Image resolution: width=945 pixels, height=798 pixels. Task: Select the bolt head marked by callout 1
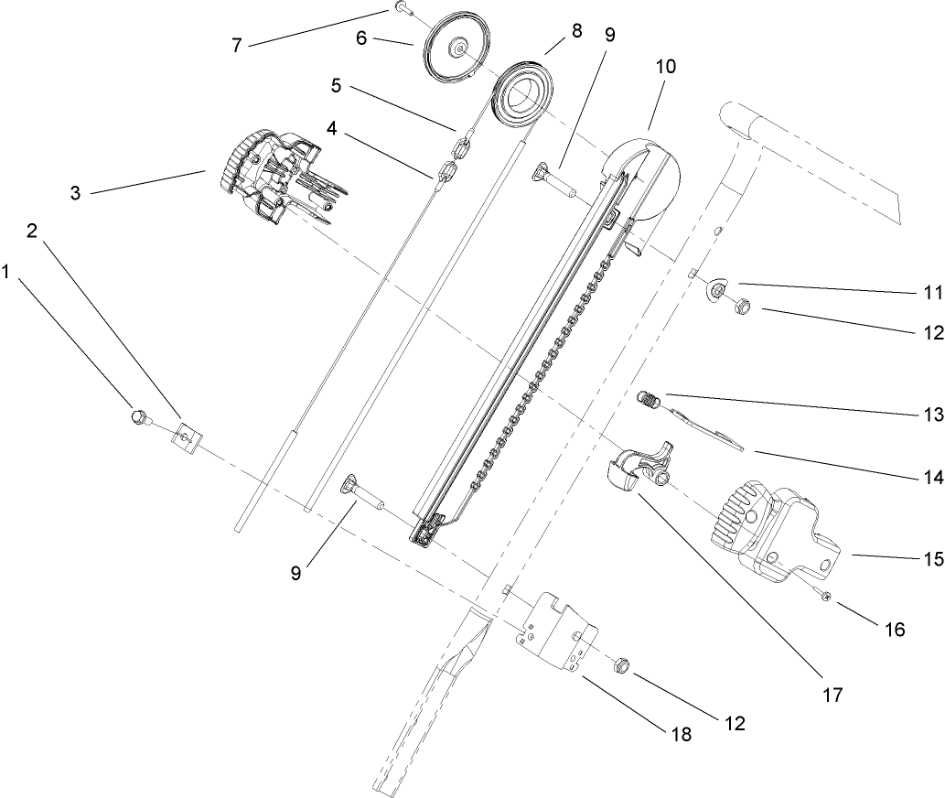point(140,417)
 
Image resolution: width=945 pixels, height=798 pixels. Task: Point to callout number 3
point(76,193)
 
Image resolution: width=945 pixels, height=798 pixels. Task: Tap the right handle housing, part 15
point(773,531)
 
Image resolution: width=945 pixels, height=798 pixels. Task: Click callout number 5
point(336,88)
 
